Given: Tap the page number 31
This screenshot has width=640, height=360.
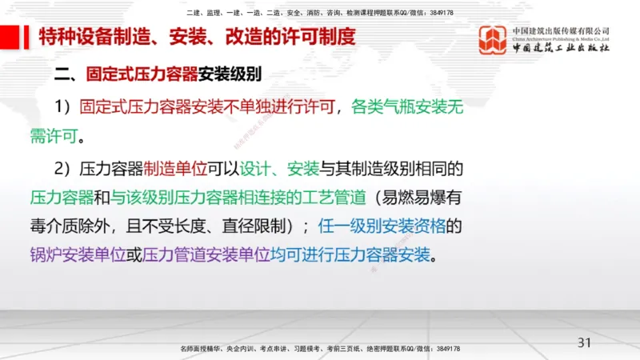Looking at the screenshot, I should pyautogui.click(x=584, y=343).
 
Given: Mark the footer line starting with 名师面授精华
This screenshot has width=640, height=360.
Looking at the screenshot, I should pyautogui.click(x=320, y=349).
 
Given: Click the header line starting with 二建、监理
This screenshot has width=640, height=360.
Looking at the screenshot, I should pyautogui.click(x=320, y=14).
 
